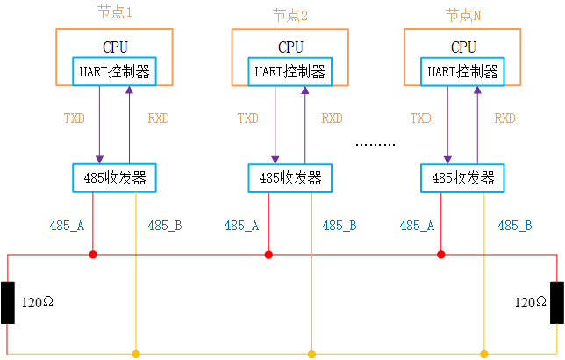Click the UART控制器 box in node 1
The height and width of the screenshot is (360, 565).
tap(115, 72)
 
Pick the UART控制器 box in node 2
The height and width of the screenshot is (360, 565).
tap(290, 72)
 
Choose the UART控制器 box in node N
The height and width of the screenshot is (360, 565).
tap(463, 72)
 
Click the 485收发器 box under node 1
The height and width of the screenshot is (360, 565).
tap(115, 178)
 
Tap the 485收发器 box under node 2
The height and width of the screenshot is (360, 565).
tap(290, 178)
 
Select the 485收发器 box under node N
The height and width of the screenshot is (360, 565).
tap(463, 178)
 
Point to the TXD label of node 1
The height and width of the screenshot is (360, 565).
tap(74, 119)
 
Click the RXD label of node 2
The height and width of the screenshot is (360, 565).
tap(332, 119)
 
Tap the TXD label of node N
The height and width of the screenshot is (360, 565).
tap(421, 119)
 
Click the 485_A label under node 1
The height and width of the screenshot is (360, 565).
tap(67, 226)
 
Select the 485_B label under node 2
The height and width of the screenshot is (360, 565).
tap(339, 226)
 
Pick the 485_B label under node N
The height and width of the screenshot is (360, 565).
tap(515, 226)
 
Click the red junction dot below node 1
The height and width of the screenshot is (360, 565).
tap(93, 255)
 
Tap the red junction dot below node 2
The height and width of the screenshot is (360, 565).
tap(268, 255)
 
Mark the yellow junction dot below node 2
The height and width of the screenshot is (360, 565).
tap(311, 355)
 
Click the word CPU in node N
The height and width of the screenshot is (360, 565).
tap(463, 47)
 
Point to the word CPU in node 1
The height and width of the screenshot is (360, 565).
tap(115, 47)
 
